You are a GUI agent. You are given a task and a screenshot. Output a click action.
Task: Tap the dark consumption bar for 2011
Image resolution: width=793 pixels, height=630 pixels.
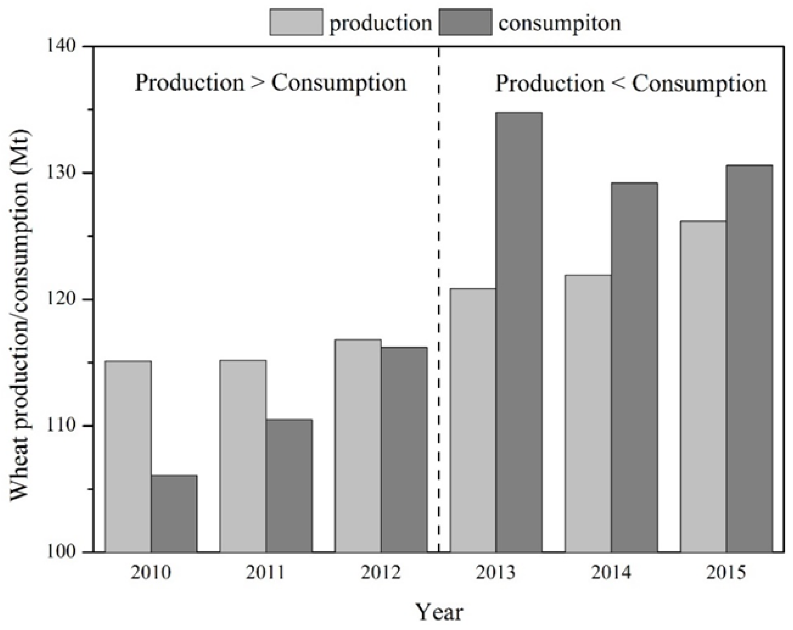tap(289, 485)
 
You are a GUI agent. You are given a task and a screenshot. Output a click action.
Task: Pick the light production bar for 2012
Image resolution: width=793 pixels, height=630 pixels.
tap(358, 445)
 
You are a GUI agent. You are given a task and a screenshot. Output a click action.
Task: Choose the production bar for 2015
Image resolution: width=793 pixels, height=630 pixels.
tap(703, 387)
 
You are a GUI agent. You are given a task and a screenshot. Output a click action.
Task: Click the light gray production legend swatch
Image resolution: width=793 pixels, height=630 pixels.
tap(296, 22)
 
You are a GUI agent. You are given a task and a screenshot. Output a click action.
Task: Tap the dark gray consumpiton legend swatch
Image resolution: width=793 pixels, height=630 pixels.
tap(465, 22)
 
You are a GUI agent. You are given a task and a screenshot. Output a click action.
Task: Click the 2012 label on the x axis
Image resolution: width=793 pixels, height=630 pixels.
tap(380, 572)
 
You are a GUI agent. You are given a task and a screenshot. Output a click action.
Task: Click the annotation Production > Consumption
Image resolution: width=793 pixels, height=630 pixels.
tap(270, 83)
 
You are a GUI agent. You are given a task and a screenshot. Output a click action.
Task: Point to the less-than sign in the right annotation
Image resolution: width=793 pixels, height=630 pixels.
tap(618, 84)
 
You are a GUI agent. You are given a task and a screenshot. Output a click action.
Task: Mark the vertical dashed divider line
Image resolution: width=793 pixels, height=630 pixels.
tap(438, 294)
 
